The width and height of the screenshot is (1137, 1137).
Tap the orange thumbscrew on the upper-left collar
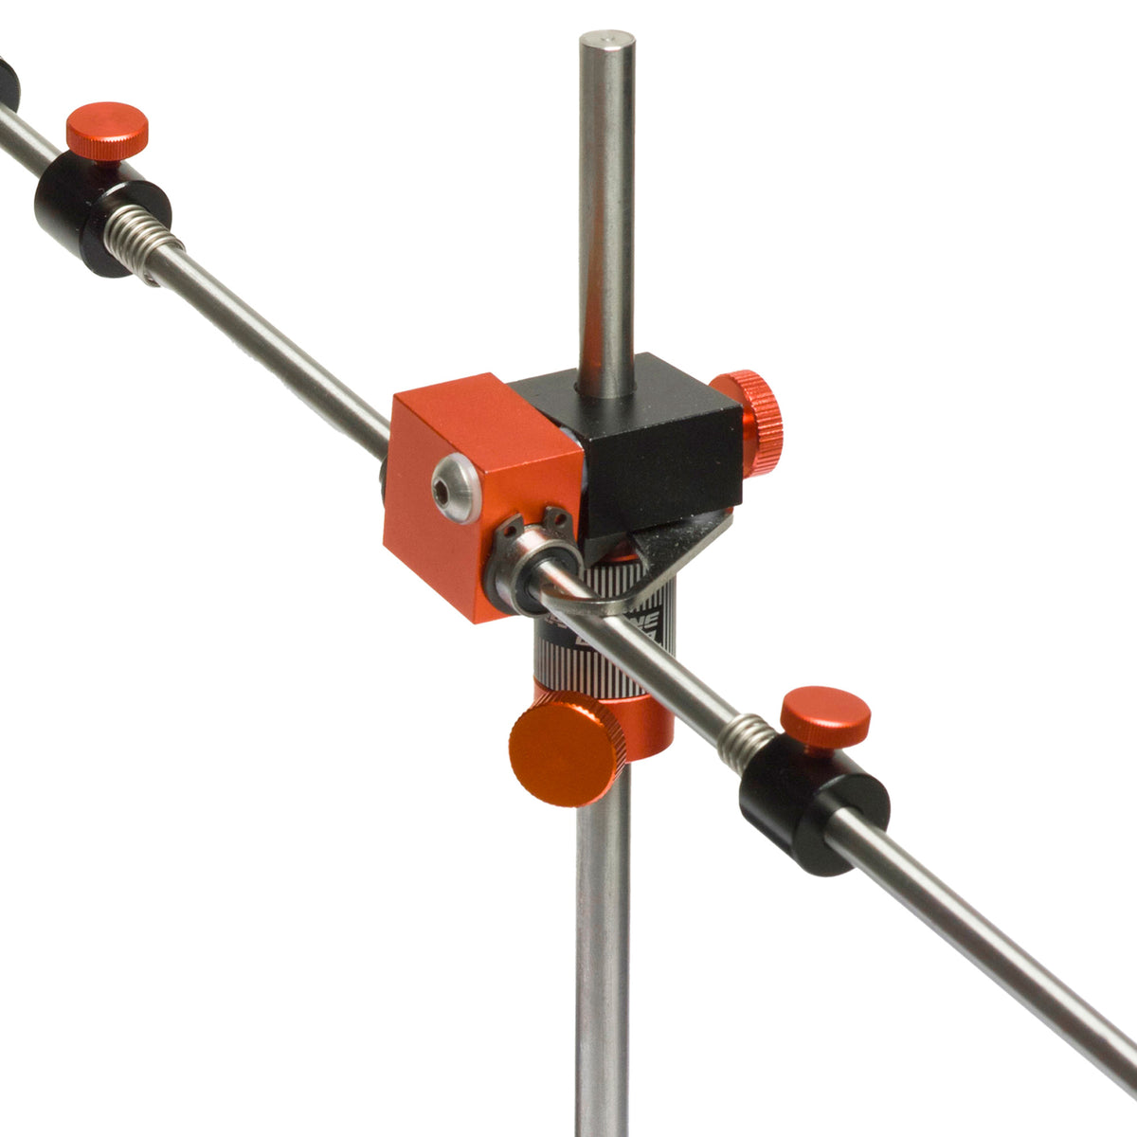pos(107,129)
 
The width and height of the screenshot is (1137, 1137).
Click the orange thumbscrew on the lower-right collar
pos(825,716)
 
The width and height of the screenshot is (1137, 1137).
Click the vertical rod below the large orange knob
pos(603,947)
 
